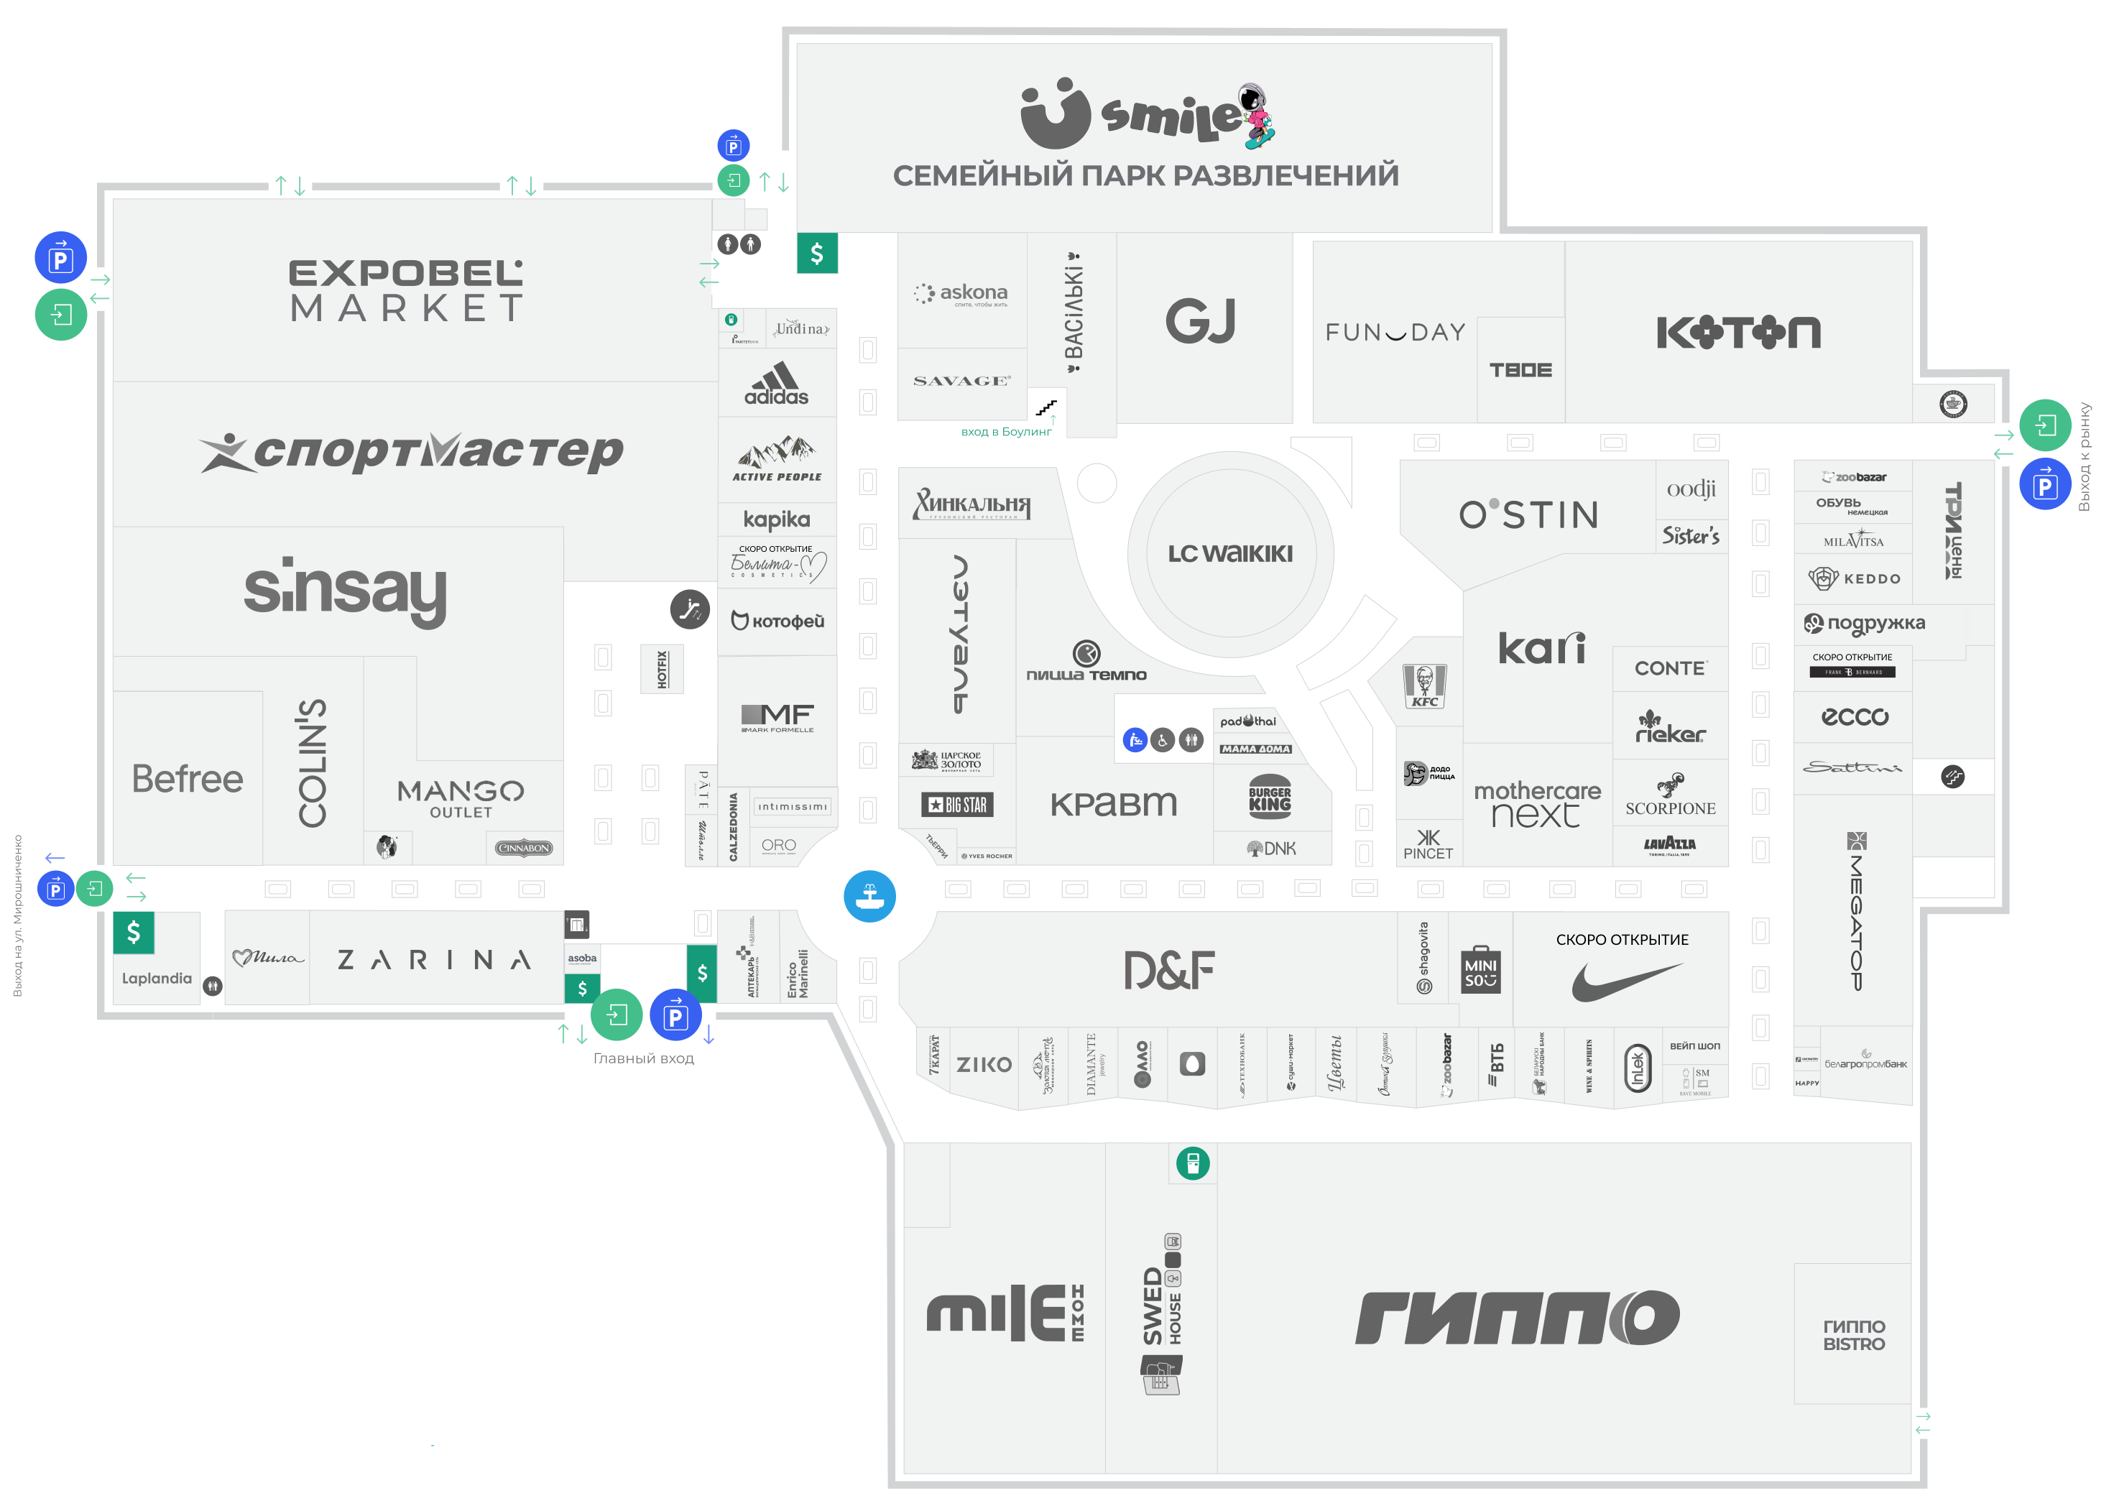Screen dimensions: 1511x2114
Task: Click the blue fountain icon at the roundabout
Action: click(x=869, y=896)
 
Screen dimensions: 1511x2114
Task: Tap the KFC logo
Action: click(x=1424, y=688)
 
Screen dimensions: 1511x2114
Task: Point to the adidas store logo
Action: click(x=777, y=384)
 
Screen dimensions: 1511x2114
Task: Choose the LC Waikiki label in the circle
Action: click(x=1230, y=553)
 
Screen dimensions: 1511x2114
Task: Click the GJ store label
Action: click(x=1200, y=322)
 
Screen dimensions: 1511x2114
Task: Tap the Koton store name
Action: click(x=1738, y=332)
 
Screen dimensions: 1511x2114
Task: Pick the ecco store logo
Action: click(x=1855, y=716)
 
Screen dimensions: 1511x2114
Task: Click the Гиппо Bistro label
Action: click(x=1853, y=1335)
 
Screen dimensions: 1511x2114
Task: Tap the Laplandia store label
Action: click(x=157, y=978)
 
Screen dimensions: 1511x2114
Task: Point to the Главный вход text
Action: click(x=643, y=1058)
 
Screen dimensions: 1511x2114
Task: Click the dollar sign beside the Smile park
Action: click(x=817, y=253)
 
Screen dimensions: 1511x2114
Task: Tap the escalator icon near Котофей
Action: click(x=690, y=609)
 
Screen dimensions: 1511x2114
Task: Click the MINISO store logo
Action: click(x=1480, y=969)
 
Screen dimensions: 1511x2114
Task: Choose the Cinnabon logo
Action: click(x=524, y=848)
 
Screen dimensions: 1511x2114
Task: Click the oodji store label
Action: click(x=1691, y=489)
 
